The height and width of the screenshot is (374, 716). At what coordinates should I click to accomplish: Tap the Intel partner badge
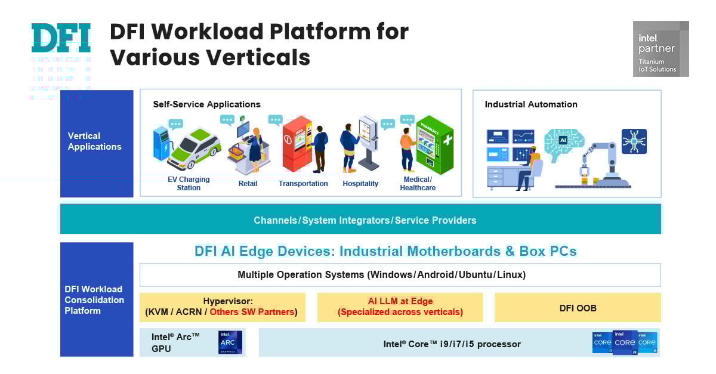pos(661,49)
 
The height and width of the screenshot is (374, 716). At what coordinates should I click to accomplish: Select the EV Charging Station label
pos(189,183)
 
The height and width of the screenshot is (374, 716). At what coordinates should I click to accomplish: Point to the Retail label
pos(248,184)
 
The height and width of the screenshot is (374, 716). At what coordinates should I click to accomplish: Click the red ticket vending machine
pos(297,144)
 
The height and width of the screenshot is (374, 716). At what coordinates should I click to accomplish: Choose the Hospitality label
pos(360,184)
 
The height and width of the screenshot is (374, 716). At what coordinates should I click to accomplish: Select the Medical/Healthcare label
pos(418,183)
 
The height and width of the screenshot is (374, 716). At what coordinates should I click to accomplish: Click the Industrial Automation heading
pos(530,104)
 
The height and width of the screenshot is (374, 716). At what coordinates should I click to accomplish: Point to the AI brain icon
pos(563,142)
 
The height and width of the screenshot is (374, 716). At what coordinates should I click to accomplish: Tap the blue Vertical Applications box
pos(97,143)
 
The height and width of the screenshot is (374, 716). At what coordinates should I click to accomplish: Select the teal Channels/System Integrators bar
pos(360,220)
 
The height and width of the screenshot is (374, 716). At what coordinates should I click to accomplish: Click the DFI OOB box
pos(577,308)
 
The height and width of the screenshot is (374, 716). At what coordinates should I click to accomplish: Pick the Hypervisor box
pos(222,307)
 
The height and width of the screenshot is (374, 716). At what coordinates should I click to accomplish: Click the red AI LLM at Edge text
pos(400,307)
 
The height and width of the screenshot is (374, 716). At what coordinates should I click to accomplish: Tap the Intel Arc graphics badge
pos(230,342)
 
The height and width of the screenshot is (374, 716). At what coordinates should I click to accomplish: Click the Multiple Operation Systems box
pos(400,275)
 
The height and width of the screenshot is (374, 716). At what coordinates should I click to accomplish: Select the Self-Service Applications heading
pos(206,104)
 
